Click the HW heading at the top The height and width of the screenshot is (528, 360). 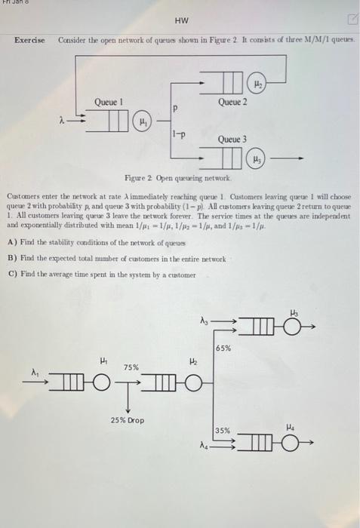click(181, 21)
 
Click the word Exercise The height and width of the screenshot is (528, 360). click(30, 39)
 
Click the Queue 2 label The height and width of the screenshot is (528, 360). click(232, 102)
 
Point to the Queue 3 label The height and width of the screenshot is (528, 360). click(232, 140)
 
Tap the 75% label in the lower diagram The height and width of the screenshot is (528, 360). click(131, 367)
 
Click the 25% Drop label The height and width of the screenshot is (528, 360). click(127, 419)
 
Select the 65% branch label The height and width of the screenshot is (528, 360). click(223, 348)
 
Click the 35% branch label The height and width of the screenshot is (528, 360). click(223, 431)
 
